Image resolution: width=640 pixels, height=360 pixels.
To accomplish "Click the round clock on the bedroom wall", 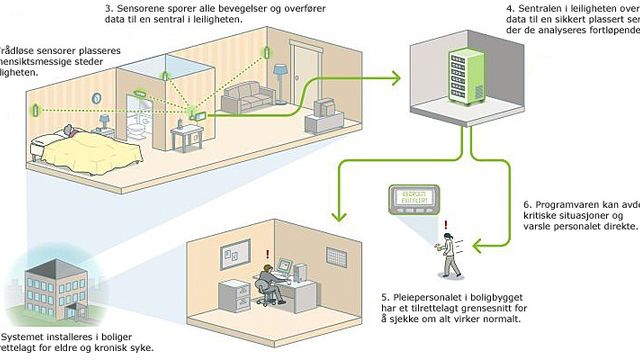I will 97,99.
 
